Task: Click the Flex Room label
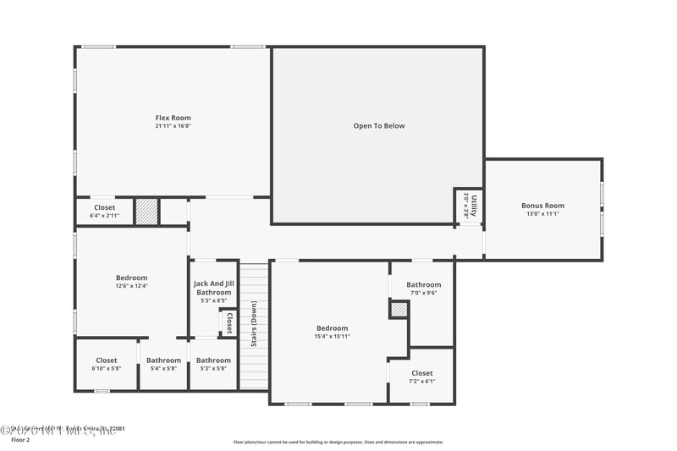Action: [x=173, y=118]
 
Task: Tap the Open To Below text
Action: [x=379, y=126]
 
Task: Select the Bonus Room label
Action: [x=542, y=206]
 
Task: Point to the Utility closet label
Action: [x=474, y=206]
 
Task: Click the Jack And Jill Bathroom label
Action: [x=213, y=288]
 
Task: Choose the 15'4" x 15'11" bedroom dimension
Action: [x=332, y=337]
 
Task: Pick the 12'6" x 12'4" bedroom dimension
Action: [x=131, y=286]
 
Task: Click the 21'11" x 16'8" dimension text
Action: [x=173, y=126]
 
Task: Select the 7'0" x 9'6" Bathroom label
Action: [x=423, y=285]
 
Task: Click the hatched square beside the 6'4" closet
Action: [x=146, y=212]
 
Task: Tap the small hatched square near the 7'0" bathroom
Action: [x=399, y=310]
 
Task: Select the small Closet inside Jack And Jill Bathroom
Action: [x=228, y=323]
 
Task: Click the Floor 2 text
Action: [x=19, y=440]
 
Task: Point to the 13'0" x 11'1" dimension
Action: [x=542, y=214]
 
